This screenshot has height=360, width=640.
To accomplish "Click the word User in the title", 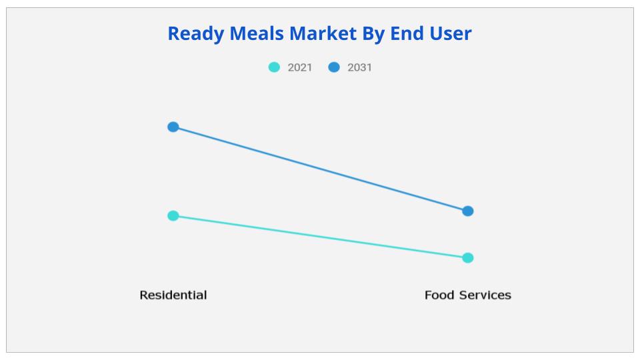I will [x=451, y=33].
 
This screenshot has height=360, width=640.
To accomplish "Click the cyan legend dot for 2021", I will [x=274, y=67].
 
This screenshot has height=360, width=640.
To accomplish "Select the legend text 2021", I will [x=299, y=67].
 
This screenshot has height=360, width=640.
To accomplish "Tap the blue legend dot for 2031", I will [x=334, y=67].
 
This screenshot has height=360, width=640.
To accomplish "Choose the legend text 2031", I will [x=359, y=67].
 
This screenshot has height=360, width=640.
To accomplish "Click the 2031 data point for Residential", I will [x=173, y=127].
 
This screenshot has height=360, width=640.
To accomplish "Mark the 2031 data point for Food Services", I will [x=468, y=211].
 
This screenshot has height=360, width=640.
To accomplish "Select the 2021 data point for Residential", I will [x=173, y=215].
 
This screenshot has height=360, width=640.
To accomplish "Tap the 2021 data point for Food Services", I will [x=468, y=258].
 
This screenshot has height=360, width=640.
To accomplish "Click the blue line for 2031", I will [x=320, y=169].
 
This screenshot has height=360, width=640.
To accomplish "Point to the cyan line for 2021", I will [x=320, y=237].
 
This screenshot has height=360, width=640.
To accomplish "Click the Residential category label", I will [x=173, y=295].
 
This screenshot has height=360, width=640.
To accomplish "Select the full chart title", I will [x=319, y=33].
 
